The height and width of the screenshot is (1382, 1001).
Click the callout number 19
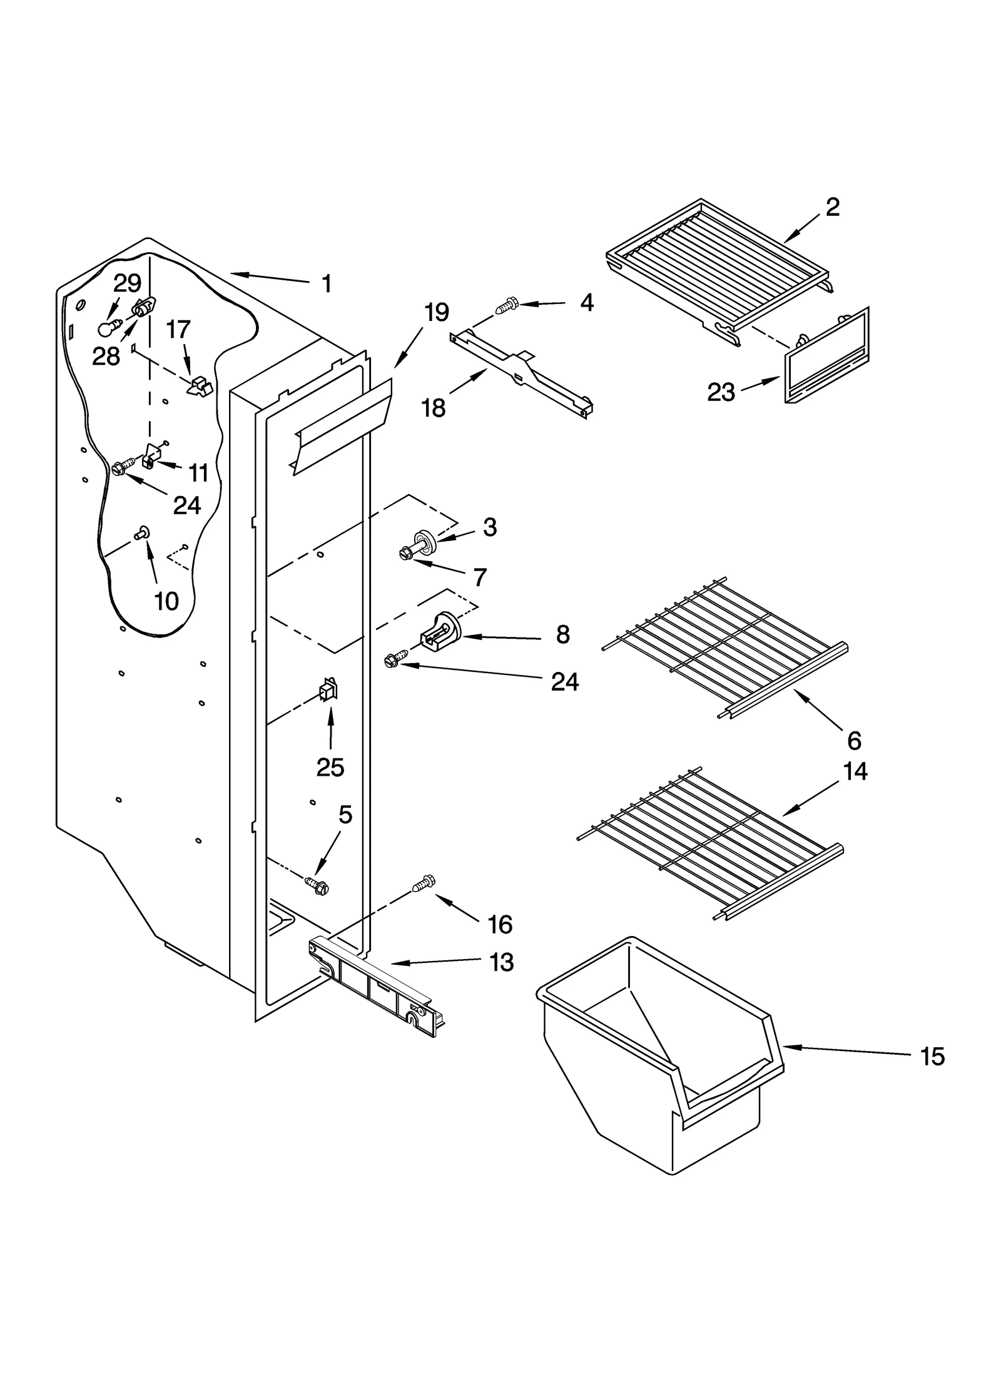coord(437,311)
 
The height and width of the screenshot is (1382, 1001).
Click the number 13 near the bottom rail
coord(501,962)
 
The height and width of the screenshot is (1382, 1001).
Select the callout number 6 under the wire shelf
coord(854,741)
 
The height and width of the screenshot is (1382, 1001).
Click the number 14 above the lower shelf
coord(855,771)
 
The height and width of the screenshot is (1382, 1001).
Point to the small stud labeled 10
coord(141,532)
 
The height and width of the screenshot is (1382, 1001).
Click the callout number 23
coord(721,392)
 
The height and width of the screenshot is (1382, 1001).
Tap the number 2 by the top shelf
coord(832,206)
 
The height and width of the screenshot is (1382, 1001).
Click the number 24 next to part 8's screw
coord(564,681)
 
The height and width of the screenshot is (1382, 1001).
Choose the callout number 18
coord(434,408)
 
